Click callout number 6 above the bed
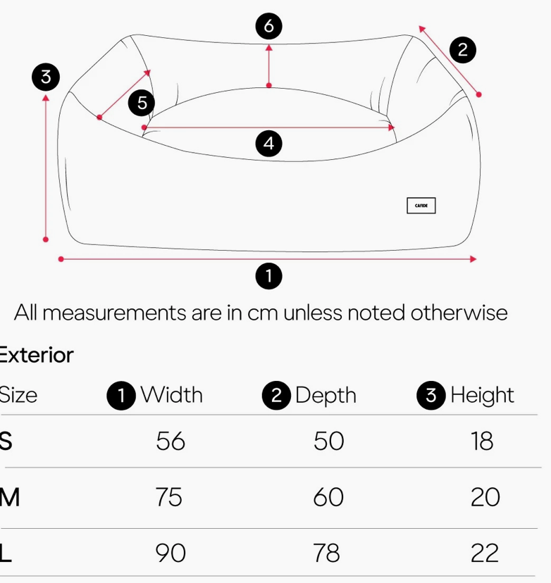(x=268, y=27)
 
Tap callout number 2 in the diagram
(x=462, y=50)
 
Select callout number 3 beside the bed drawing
(x=46, y=77)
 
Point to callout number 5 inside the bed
(x=142, y=104)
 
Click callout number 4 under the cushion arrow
(x=268, y=144)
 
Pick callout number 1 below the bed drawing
(x=268, y=276)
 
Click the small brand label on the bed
(x=421, y=206)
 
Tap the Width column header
(x=171, y=395)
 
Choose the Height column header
(x=482, y=395)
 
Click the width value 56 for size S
(x=171, y=441)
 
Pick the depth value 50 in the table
(x=328, y=441)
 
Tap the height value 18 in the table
(x=483, y=441)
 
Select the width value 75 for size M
(x=169, y=497)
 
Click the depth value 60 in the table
(x=328, y=497)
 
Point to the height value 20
(x=485, y=497)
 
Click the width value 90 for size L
(x=171, y=553)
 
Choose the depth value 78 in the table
(x=327, y=553)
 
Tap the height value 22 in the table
(x=485, y=553)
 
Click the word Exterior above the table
(x=37, y=355)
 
